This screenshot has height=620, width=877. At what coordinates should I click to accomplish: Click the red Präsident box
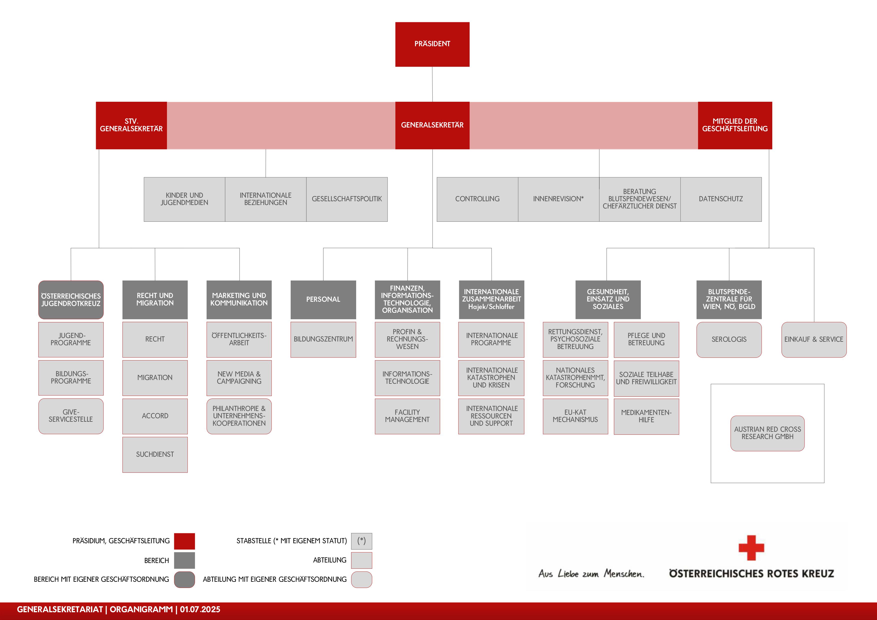coord(432,44)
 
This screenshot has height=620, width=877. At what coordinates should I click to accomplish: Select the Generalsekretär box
coord(432,125)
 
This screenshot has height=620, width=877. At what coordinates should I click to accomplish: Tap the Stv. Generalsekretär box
coord(131,125)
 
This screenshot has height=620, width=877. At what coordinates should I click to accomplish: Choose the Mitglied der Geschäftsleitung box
coord(735,125)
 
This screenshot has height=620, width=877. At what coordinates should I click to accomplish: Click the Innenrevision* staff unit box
coord(558,199)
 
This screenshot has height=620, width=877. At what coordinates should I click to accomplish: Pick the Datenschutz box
coord(721,199)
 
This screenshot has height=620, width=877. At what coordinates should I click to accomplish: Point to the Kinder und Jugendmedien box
coord(184,199)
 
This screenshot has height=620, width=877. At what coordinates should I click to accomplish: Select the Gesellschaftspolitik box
coord(347,199)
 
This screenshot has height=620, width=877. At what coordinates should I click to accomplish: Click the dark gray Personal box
coord(323,299)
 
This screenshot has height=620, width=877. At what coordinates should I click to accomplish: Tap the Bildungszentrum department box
coord(323,339)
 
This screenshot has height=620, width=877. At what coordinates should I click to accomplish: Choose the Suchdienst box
coord(155,454)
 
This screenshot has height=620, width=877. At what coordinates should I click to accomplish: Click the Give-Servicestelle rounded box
coord(71,416)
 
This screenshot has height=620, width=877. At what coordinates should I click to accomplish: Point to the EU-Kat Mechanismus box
coord(575,416)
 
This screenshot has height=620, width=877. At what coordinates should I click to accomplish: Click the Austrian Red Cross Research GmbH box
coord(767,433)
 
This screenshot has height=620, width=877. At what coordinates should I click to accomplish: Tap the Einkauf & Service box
coord(814,339)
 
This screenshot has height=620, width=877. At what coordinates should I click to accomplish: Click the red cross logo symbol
coord(751,548)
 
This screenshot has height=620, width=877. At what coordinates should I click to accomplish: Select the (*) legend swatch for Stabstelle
coord(361,541)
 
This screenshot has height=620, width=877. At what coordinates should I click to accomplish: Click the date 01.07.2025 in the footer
coord(200,609)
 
